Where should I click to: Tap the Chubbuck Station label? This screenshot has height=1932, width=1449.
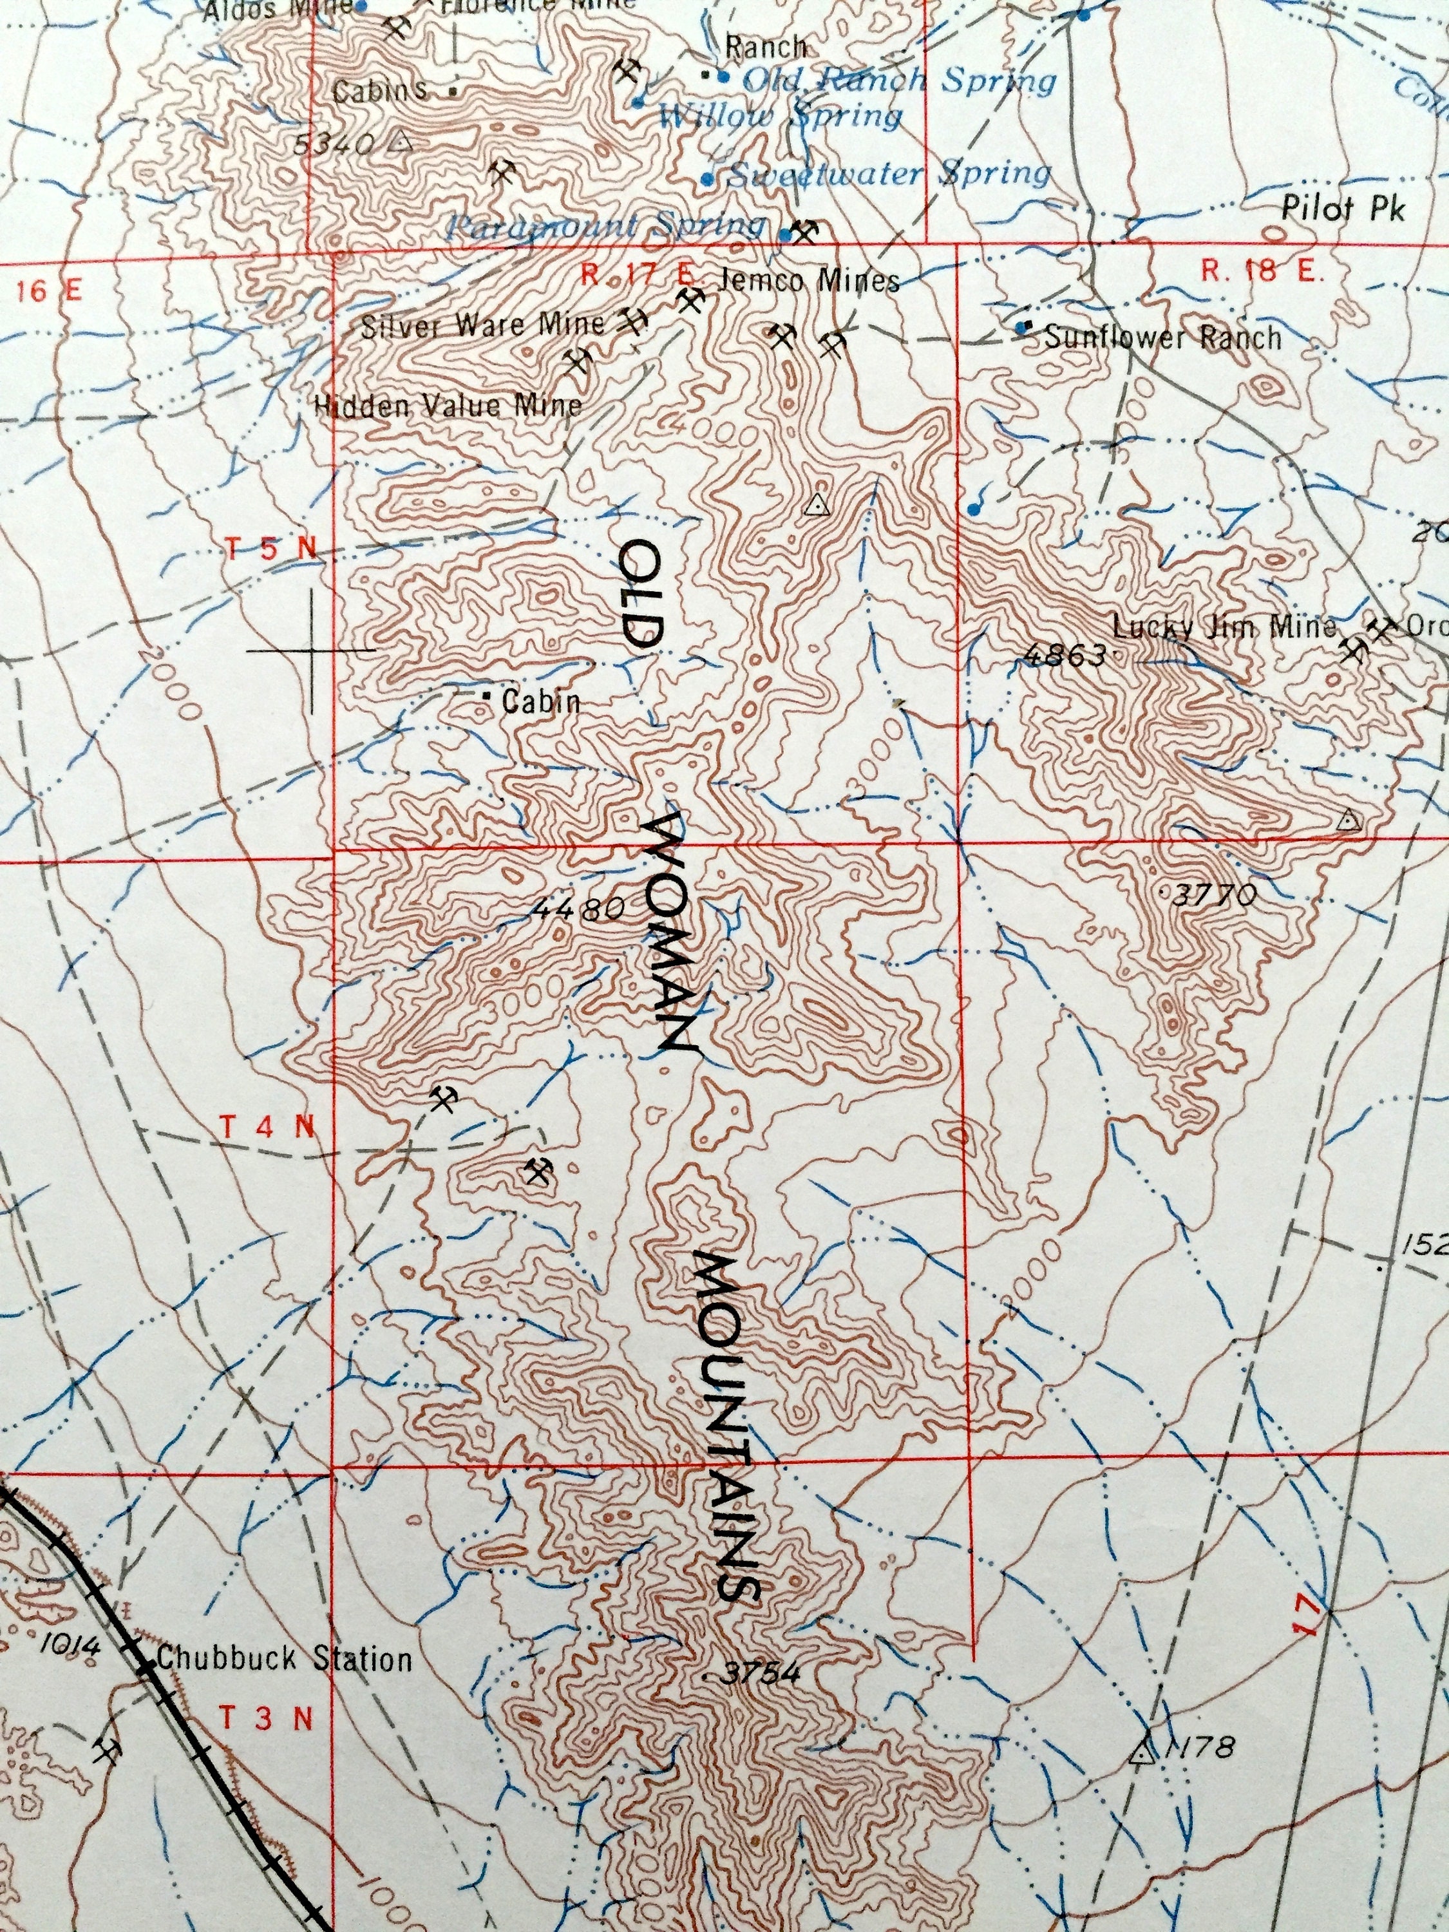[284, 1658]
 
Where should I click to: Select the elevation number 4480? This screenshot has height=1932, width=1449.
[578, 908]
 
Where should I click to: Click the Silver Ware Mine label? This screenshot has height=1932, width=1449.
[482, 325]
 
